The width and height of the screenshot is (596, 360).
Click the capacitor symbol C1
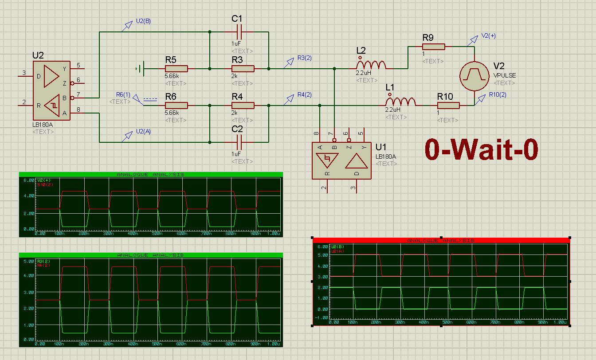point(239,32)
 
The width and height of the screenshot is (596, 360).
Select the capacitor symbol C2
point(239,142)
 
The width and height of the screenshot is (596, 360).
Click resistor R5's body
point(176,69)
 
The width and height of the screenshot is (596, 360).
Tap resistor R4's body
point(243,106)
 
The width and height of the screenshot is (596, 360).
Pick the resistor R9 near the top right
point(433,47)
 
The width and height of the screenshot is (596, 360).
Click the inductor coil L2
point(371,65)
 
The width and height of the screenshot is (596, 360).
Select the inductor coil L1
point(401,102)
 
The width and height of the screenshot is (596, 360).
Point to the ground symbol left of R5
point(140,69)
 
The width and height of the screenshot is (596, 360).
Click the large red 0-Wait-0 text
point(482,149)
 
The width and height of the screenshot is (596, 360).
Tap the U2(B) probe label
point(144,21)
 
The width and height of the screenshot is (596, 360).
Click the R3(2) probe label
point(304,58)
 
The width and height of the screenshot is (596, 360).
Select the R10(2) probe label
point(498,94)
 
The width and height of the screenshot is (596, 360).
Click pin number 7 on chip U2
point(78,94)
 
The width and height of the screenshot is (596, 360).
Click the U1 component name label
point(381,147)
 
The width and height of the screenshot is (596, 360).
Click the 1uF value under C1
point(236,43)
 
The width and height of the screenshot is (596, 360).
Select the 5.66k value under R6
point(172,113)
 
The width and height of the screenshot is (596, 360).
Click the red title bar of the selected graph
point(441,240)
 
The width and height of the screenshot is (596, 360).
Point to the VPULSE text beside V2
point(505,75)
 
